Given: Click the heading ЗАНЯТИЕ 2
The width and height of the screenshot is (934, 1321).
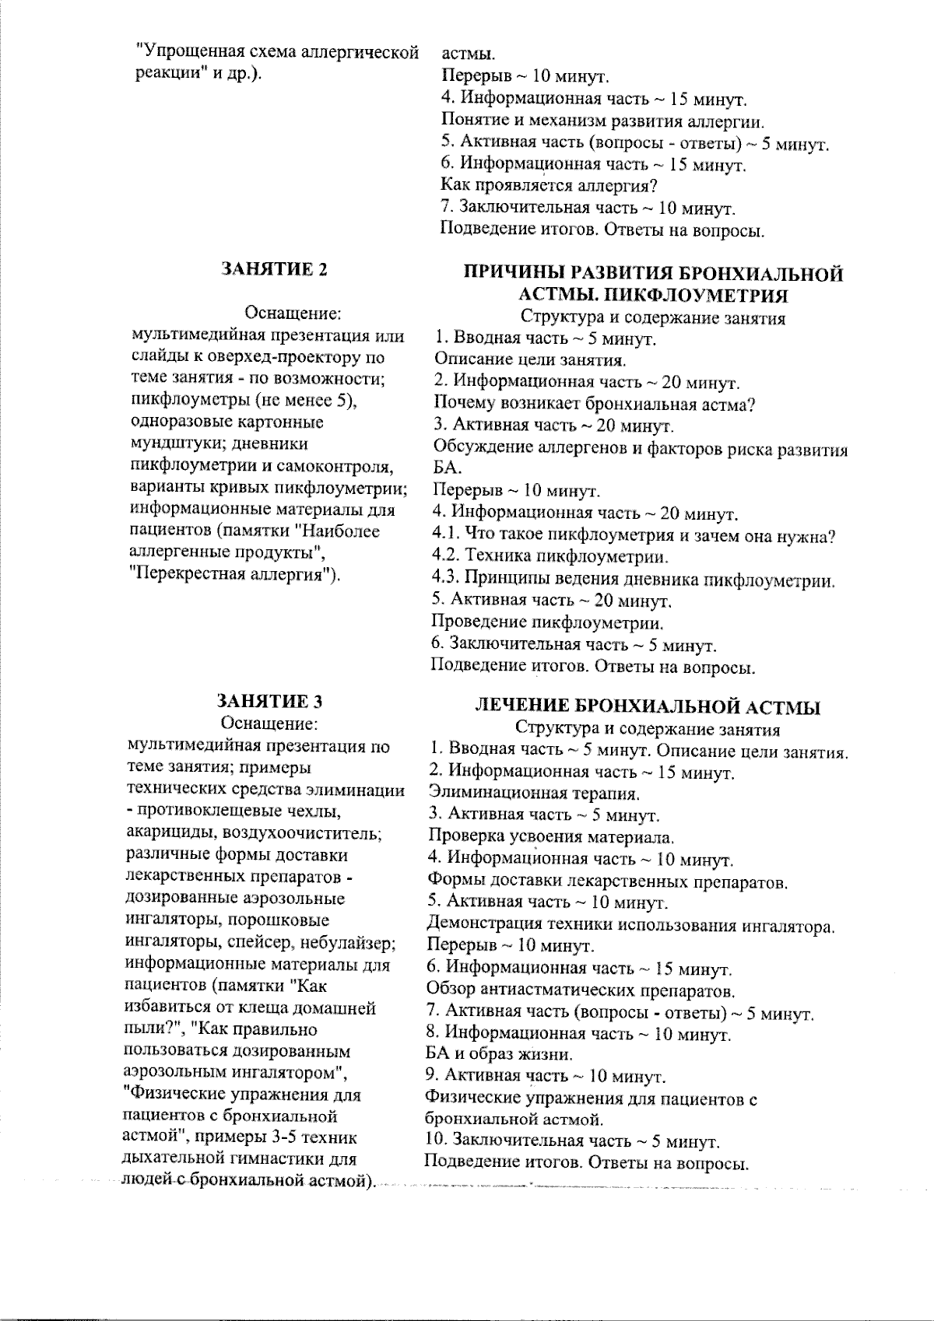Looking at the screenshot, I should (x=274, y=269).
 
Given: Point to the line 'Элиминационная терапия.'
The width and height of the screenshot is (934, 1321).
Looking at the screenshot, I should (x=535, y=794).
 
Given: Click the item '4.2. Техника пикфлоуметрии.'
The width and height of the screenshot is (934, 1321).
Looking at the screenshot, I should (x=550, y=557).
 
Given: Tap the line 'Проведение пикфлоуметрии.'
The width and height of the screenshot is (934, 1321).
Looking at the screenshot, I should (x=548, y=623).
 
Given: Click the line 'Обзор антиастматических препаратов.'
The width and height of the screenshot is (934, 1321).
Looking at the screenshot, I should (x=581, y=991).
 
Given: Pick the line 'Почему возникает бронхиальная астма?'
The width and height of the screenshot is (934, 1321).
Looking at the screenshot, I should (x=595, y=404).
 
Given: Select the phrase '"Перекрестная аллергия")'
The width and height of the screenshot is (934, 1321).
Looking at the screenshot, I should (x=236, y=576).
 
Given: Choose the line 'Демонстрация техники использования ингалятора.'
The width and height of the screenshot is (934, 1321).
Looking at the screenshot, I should (x=631, y=926).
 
